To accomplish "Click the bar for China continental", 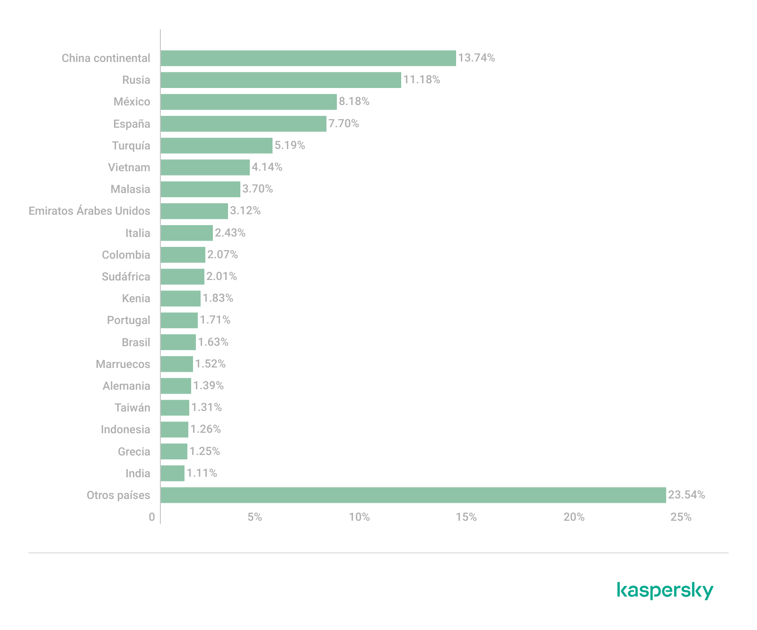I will point(308,58).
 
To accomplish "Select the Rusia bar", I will point(281,80).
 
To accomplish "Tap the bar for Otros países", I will point(413,495).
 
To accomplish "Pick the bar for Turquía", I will point(216,146).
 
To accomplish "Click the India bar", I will point(172,473).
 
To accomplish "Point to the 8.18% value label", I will point(354,101).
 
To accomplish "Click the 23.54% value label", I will point(686,495).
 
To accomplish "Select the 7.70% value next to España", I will point(343,123).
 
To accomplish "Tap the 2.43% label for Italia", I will point(230,233).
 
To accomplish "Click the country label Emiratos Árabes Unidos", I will point(89,211).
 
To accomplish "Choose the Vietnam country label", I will point(129,167).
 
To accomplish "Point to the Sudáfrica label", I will point(126,277).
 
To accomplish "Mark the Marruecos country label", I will point(123,364).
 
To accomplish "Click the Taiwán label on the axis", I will point(132,408).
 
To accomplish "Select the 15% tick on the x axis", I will point(466,517).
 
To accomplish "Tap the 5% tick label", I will point(255,517).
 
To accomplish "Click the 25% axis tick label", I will point(681,517).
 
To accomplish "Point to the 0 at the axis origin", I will point(152,517).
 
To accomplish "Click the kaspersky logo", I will point(665,591).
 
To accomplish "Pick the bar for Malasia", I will point(200,189).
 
